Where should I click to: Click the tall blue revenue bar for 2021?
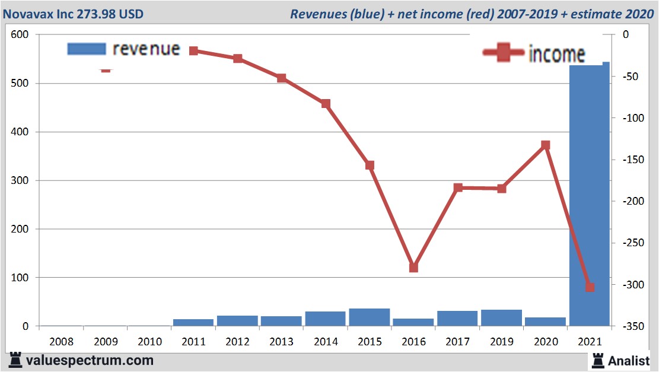pos(589,196)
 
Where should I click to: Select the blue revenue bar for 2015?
pos(369,317)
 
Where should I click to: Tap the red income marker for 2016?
pos(413,267)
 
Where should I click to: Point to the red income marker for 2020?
pos(546,145)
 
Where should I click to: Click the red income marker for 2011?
pos(193,51)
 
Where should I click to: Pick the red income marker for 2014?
pos(326,104)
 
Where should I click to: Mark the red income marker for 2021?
pos(590,287)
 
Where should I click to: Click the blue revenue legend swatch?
pos(87,49)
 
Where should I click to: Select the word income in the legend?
pos(556,54)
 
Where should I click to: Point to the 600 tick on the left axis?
pos(21,35)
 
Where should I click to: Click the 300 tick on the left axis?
pos(21,180)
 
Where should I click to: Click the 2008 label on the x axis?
pos(61,342)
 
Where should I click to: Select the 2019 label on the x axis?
pos(501,342)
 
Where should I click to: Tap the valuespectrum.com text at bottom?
pos(90,360)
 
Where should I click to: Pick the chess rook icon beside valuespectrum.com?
pos(14,360)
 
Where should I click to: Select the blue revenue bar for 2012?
pos(237,320)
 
